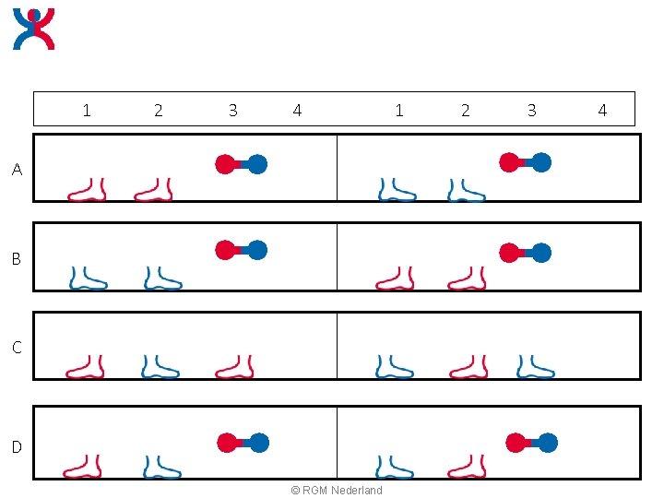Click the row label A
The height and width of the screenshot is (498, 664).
17,170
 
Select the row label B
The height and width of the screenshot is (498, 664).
17,258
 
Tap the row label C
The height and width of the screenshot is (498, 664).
17,348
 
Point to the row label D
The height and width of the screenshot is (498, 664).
17,446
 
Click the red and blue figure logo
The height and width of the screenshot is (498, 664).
34,29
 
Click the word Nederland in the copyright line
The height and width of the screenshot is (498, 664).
357,490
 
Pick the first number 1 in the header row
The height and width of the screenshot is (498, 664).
87,111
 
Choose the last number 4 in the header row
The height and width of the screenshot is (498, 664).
602,111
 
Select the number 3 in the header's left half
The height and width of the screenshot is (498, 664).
233,111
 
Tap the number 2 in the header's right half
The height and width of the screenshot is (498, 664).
466,111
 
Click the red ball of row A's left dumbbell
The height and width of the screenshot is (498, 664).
225,165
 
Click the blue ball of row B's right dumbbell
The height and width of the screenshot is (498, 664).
541,253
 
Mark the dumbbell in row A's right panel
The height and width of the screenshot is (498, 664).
525,162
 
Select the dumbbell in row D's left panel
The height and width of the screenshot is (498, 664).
243,443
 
